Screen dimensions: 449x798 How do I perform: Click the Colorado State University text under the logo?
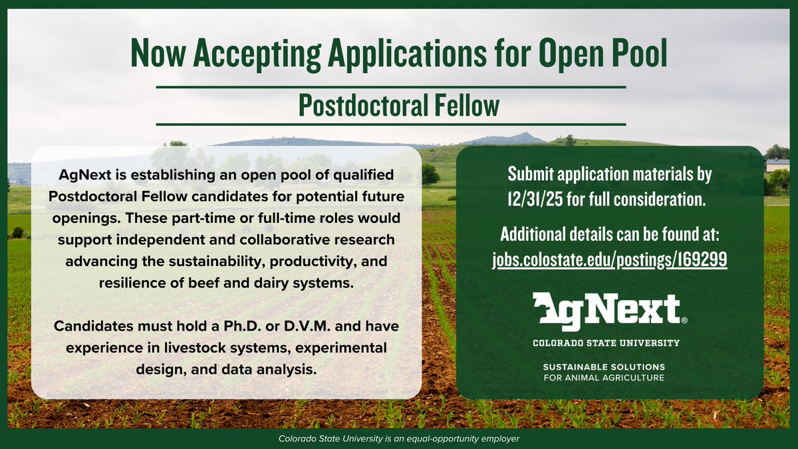[606, 343]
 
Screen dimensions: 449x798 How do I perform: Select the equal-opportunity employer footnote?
[399, 439]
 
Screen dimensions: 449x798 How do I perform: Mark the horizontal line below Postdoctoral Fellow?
[391, 124]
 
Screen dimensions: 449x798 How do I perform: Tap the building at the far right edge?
[777, 165]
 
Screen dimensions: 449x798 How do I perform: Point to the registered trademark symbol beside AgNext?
[684, 320]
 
